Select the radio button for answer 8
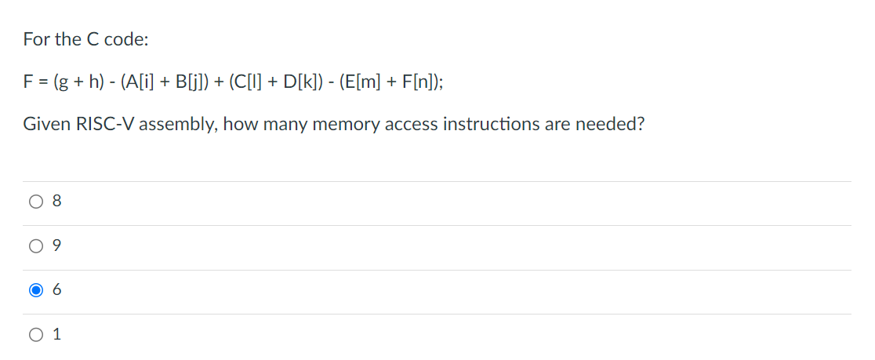[35, 202]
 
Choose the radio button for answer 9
[35, 246]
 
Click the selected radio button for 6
[35, 290]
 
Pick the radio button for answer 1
[35, 335]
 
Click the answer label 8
[56, 202]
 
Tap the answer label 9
[56, 246]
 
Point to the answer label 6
[56, 290]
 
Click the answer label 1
[56, 335]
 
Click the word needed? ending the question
[612, 125]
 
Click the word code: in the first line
[120, 38]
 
